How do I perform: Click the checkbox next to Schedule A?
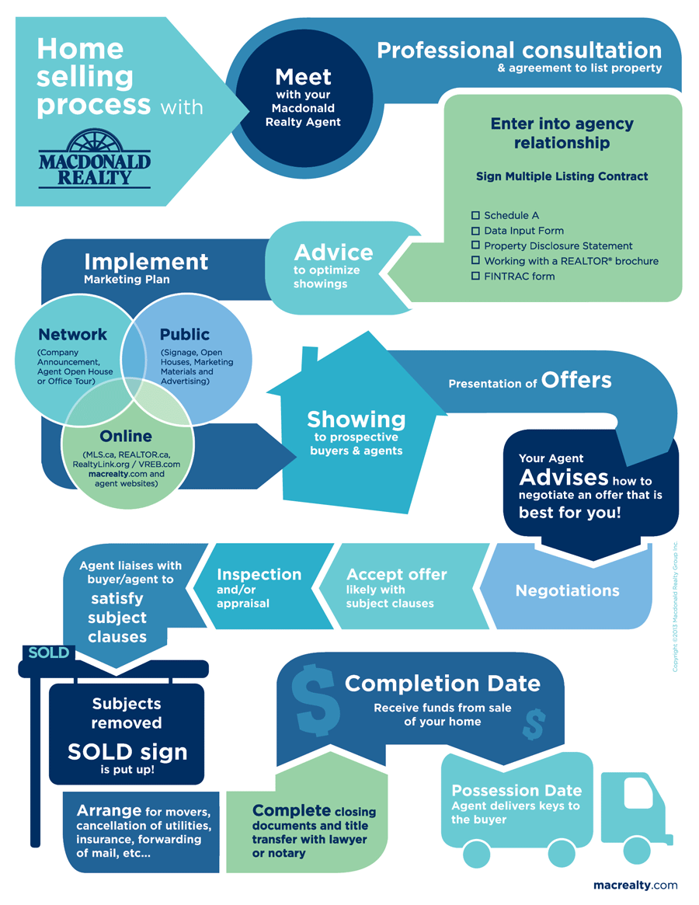(475, 215)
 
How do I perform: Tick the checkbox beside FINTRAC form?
(475, 276)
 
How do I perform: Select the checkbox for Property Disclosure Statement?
(475, 245)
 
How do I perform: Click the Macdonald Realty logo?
(95, 158)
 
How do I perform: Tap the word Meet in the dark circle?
(303, 77)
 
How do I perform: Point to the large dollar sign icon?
(315, 699)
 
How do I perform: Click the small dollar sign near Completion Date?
(534, 724)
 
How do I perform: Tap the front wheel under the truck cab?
(637, 850)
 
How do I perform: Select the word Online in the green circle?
(126, 436)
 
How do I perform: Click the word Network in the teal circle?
(73, 334)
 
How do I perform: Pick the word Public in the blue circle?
(185, 334)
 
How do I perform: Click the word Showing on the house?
(356, 419)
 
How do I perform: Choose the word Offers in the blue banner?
(576, 380)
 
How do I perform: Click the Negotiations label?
(568, 590)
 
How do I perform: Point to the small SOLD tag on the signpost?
(48, 653)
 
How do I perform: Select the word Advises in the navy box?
(563, 477)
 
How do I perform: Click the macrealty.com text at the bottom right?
(635, 885)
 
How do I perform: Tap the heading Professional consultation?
(520, 50)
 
